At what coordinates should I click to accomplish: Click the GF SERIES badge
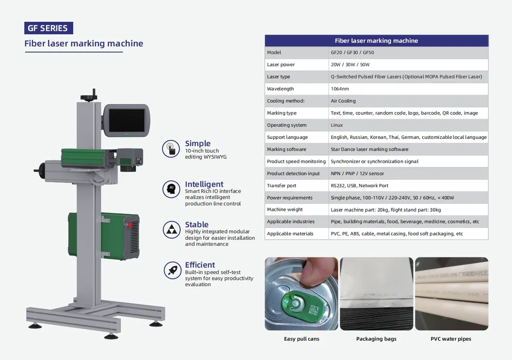tap(48, 28)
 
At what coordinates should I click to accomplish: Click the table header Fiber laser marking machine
tap(376, 41)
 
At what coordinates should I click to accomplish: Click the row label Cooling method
tap(285, 101)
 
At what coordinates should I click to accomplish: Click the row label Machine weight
tap(284, 209)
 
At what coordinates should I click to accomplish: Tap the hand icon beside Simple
tap(171, 149)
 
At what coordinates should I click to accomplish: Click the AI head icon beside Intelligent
tap(171, 189)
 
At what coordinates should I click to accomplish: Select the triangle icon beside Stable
tap(171, 230)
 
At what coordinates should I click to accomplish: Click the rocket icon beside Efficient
tap(171, 270)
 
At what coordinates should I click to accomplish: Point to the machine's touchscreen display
tap(126, 120)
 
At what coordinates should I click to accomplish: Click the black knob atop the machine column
tap(89, 96)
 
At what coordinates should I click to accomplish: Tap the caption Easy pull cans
tap(301, 339)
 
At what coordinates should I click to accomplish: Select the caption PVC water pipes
tap(451, 339)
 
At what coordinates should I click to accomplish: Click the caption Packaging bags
tap(376, 339)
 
